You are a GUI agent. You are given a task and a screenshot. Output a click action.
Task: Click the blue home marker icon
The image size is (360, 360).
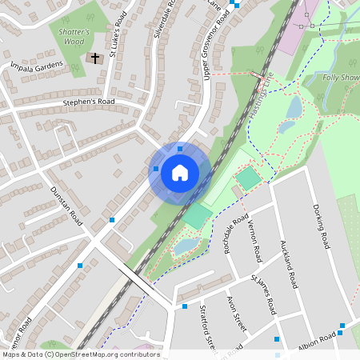[180, 172]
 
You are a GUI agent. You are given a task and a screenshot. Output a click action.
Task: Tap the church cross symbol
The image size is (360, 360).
[95, 58]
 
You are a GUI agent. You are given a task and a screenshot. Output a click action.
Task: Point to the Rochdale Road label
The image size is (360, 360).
[238, 231]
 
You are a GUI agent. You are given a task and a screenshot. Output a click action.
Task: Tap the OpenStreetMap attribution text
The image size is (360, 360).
[80, 354]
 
